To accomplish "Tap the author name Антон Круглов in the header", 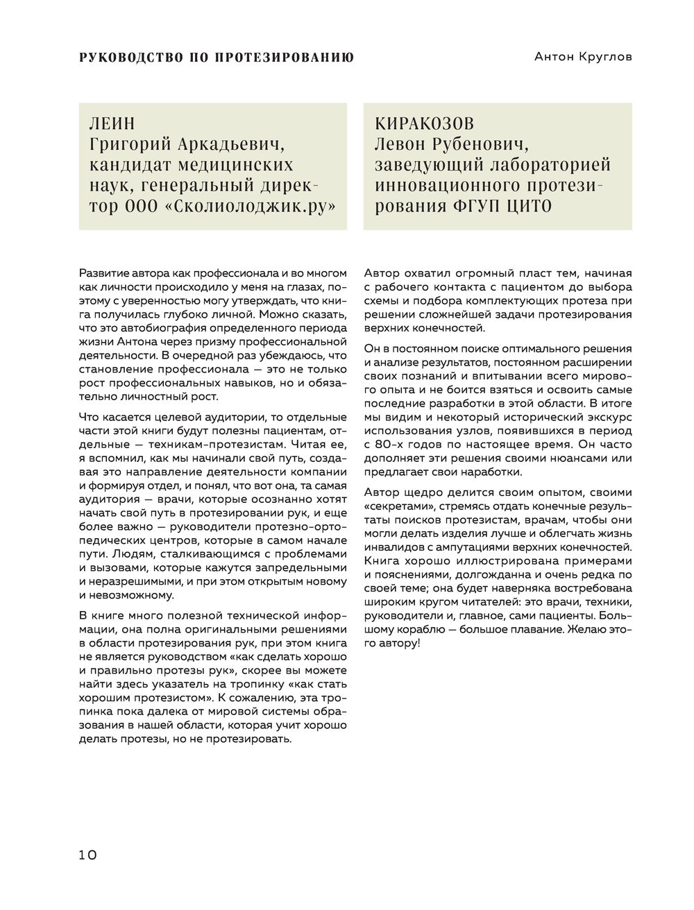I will (x=583, y=58).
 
